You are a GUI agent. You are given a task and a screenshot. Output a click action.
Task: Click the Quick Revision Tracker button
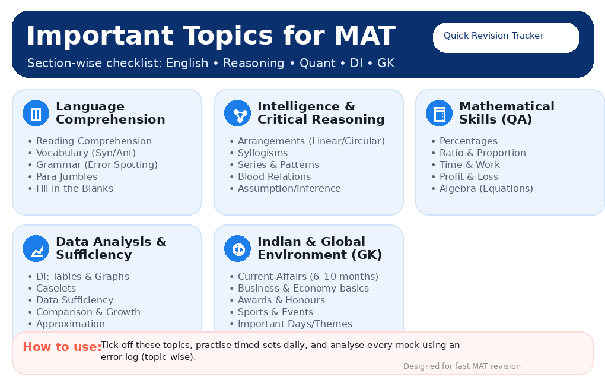coord(506,37)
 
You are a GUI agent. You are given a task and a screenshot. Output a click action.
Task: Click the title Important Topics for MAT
coord(211,36)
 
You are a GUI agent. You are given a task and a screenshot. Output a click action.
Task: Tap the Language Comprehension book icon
coord(36,113)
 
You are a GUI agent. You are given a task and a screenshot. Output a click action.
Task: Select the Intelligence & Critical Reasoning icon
coord(237,113)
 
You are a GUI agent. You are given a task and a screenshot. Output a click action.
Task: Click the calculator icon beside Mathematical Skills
coord(439,113)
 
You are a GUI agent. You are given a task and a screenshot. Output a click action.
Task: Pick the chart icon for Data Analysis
coord(36,249)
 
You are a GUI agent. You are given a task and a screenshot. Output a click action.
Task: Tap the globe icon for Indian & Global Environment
coord(237,249)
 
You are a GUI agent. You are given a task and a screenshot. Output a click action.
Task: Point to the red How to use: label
coord(62,347)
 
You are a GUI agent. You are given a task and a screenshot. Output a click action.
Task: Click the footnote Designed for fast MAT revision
coord(461,366)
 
